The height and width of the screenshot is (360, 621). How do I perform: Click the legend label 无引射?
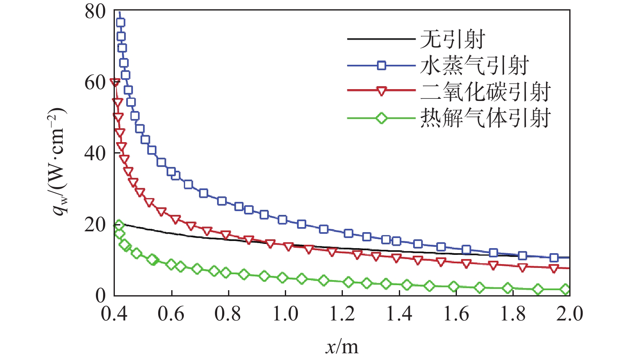point(453,40)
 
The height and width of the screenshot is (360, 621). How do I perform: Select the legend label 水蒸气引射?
point(474,66)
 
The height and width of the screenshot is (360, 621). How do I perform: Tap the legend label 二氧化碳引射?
point(486,91)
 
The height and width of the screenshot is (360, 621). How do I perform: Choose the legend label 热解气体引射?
point(486,118)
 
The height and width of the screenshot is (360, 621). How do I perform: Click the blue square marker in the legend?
point(382,66)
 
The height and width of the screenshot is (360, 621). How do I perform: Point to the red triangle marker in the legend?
point(382,91)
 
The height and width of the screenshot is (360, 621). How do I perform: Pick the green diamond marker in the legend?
point(382,118)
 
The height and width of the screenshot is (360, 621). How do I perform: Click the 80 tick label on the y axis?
point(95,11)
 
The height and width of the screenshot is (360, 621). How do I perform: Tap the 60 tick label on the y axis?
point(95,82)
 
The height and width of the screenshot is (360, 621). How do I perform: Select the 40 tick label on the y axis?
point(95,154)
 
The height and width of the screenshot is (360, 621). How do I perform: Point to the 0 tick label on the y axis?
point(101,295)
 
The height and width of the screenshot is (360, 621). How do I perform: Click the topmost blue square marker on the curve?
point(120,22)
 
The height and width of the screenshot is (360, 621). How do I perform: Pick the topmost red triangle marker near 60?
point(115,82)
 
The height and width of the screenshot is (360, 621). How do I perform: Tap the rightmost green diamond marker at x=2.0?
point(566,289)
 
